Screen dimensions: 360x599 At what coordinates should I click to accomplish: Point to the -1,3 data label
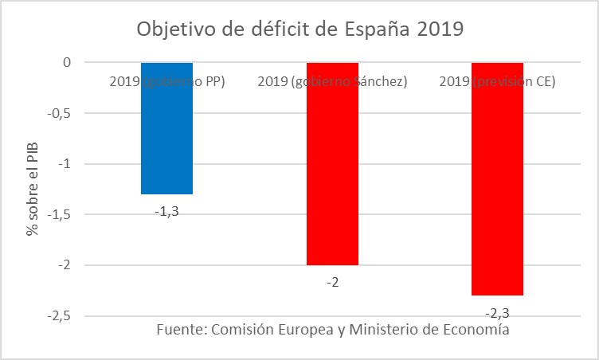point(166,211)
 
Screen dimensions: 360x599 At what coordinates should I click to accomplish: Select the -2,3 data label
point(497,311)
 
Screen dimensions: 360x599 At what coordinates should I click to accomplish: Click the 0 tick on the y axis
point(67,62)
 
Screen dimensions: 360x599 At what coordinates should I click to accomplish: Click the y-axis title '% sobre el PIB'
point(33,189)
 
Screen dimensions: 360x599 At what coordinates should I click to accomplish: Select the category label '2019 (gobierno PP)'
point(166,81)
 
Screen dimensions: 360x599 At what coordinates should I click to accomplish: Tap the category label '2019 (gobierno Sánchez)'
point(332,81)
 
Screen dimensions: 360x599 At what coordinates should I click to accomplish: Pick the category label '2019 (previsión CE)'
point(497,81)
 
